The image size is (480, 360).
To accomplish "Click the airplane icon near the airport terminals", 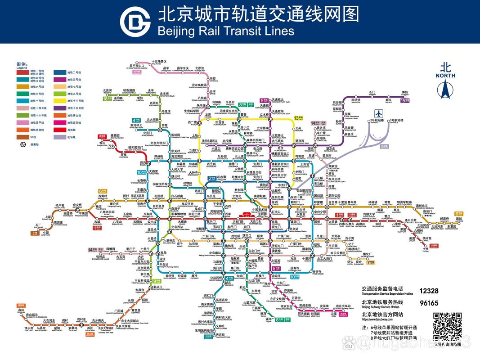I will tap(379, 113).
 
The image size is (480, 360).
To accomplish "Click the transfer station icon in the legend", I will tap(22, 144).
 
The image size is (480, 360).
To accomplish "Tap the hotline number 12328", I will tap(429, 291).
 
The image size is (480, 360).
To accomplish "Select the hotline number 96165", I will tap(429, 303).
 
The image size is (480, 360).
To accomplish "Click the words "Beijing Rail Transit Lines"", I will tap(226, 31).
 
